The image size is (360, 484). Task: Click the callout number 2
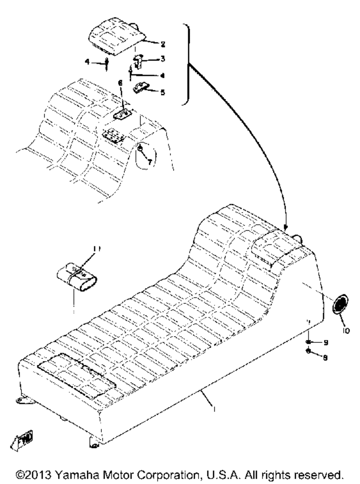(x=162, y=44)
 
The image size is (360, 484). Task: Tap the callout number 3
(x=162, y=58)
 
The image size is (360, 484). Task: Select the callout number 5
(x=163, y=92)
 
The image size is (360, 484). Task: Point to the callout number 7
(x=149, y=162)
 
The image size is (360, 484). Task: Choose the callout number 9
(x=325, y=343)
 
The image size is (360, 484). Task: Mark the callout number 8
(x=325, y=358)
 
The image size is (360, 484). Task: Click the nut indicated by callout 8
(x=309, y=351)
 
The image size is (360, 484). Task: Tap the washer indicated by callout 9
(x=309, y=342)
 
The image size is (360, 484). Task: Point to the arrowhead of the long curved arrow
(x=285, y=227)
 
